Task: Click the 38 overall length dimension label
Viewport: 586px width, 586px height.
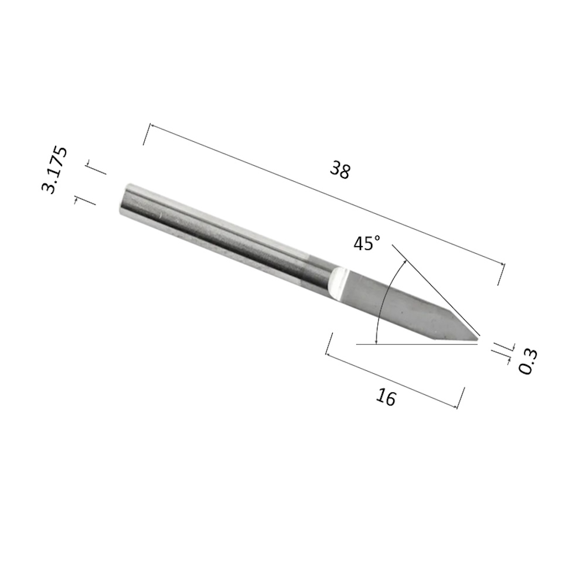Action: tap(340, 171)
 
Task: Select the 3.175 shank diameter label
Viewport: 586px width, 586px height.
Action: tap(54, 170)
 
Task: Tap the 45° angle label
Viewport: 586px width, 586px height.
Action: tap(367, 243)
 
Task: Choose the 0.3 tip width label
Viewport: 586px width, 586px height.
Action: tap(528, 361)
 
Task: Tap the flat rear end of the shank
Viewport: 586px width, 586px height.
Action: tap(124, 199)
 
